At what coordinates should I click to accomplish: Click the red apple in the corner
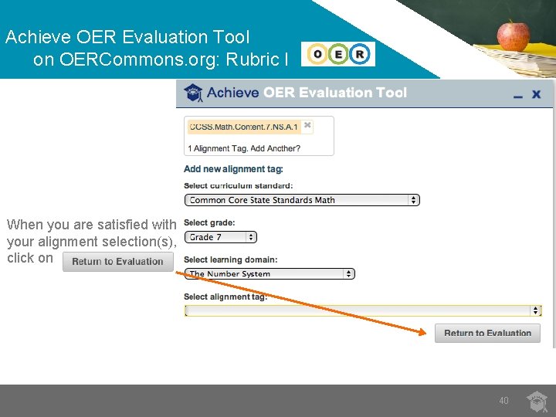(x=513, y=34)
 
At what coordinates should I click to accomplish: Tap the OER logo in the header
(x=338, y=54)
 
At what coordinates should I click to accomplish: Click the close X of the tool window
(x=537, y=94)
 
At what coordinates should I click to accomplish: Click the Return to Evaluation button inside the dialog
(x=487, y=333)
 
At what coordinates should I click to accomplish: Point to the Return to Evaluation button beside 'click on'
(x=117, y=261)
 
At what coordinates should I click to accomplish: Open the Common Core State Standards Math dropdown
(x=302, y=200)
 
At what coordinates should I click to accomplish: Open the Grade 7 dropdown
(x=221, y=237)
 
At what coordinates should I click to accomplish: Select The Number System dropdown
(x=270, y=273)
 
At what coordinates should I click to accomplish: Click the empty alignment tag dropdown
(x=363, y=310)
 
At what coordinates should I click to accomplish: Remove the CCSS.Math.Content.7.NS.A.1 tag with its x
(x=307, y=124)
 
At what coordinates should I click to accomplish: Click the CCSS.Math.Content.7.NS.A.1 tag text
(x=243, y=127)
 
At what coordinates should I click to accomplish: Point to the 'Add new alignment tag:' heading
(x=233, y=169)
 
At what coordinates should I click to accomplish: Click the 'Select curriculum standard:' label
(x=238, y=185)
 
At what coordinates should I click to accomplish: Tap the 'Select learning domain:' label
(x=230, y=259)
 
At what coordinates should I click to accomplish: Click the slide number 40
(x=503, y=400)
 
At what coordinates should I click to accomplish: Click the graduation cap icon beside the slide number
(x=537, y=400)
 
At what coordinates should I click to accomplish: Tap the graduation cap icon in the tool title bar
(x=194, y=93)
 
